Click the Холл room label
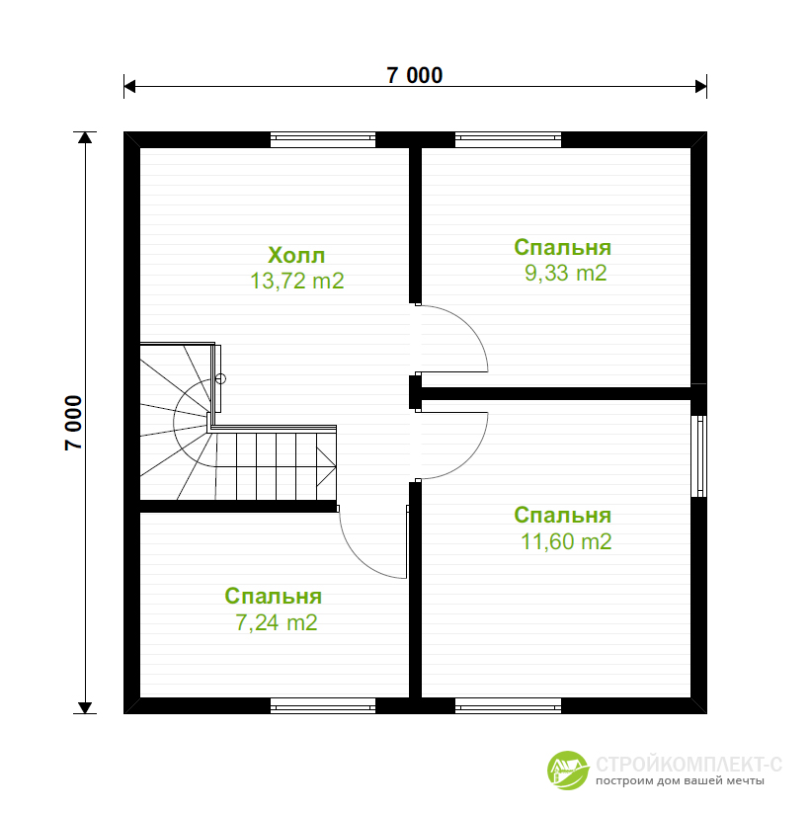point(296,255)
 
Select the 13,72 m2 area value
point(297,281)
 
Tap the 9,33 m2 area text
point(565,273)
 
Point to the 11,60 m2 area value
point(566,541)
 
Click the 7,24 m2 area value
point(277,622)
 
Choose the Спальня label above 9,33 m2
point(563,247)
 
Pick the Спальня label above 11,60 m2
point(563,515)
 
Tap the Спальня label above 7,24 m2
point(274,597)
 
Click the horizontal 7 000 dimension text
point(415,76)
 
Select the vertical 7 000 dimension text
point(74,423)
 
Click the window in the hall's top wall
point(323,139)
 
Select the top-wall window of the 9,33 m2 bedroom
point(508,139)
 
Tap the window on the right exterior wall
point(698,455)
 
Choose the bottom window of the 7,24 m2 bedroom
point(323,705)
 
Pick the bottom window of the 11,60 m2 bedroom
point(508,705)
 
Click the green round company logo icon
point(568,771)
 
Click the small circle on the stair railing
point(220,379)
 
